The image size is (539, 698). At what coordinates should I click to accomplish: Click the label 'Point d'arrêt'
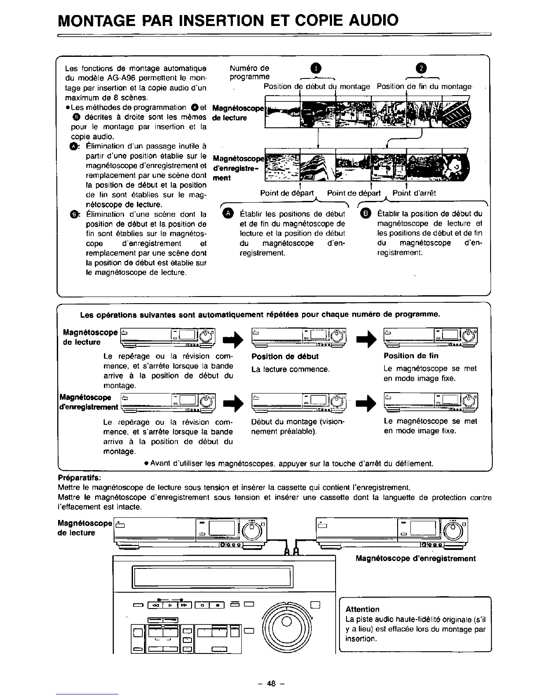pyautogui.click(x=414, y=193)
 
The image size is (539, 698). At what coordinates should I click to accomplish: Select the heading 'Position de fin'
pyautogui.click(x=411, y=356)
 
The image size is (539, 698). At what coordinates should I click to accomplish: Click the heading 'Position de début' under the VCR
pyautogui.click(x=284, y=356)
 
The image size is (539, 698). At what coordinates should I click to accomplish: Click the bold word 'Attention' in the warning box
pyautogui.click(x=362, y=609)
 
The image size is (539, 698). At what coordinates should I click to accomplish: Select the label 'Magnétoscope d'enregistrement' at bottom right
pyautogui.click(x=415, y=559)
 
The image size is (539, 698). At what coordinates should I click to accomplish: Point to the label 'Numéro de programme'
pyautogui.click(x=250, y=73)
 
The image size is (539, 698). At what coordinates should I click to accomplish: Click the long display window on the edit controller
pyautogui.click(x=211, y=575)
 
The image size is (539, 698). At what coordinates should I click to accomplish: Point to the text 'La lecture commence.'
pyautogui.click(x=290, y=369)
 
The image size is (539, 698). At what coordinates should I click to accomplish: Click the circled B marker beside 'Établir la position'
pyautogui.click(x=366, y=214)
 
